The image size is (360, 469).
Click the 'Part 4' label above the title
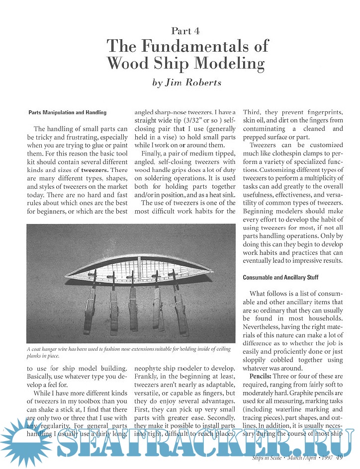[x=185, y=31]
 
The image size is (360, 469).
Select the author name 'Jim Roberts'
[x=201, y=83]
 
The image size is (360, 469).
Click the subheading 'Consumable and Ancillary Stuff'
[x=280, y=277]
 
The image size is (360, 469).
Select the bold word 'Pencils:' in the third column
[x=263, y=377]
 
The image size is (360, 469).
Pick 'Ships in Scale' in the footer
[x=269, y=458]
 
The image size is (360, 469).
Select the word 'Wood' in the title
[x=128, y=64]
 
